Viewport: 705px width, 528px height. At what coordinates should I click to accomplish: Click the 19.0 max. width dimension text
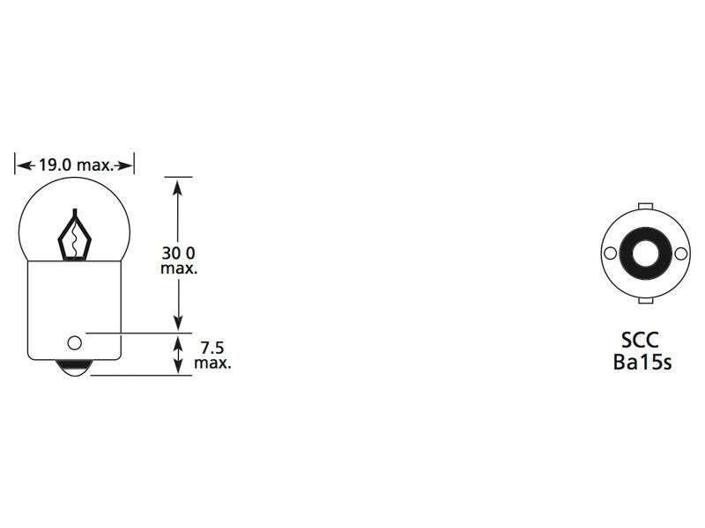coord(74,165)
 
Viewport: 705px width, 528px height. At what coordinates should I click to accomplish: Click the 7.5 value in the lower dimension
coord(211,348)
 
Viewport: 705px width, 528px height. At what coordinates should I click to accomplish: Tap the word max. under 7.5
coord(211,363)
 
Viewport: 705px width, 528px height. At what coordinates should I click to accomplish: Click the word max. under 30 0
coord(179,268)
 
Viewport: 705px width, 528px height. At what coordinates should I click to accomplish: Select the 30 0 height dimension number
coord(179,253)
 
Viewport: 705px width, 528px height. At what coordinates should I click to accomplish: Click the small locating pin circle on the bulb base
coord(74,341)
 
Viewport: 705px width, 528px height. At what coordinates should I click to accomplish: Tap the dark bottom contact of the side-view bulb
coord(74,368)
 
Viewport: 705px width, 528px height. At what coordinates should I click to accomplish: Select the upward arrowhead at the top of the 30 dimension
coord(178,186)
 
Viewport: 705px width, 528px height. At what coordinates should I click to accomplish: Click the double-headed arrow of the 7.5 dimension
coord(178,355)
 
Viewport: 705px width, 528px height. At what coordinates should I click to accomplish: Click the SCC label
coord(642,341)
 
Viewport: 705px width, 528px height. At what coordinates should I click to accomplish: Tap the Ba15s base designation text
coord(642,362)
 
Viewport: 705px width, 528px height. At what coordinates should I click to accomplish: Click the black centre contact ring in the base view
coord(643,253)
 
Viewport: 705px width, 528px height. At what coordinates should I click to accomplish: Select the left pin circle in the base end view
coord(609,253)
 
